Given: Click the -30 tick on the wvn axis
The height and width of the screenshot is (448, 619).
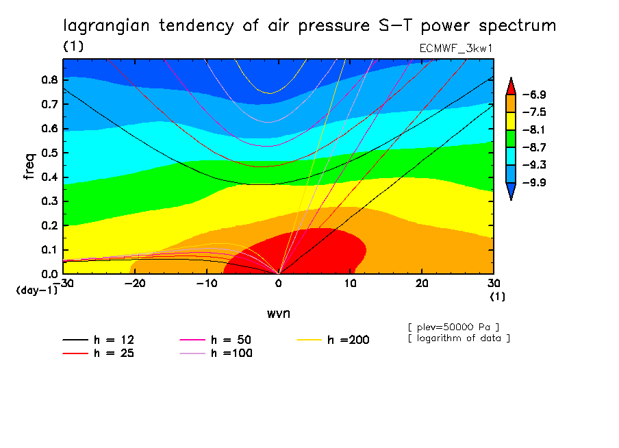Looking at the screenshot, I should [63, 282].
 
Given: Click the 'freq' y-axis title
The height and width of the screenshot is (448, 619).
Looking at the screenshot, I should [29, 166].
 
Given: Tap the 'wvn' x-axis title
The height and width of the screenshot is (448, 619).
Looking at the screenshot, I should [278, 312].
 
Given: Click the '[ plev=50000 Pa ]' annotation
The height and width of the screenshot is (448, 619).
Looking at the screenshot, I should [453, 326].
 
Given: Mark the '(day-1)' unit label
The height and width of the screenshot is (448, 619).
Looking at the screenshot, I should [37, 290].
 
